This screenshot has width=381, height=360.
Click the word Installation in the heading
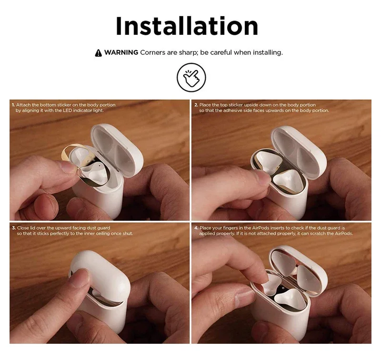pyautogui.click(x=187, y=26)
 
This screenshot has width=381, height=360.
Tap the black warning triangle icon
pyautogui.click(x=99, y=53)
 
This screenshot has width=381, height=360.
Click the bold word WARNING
pyautogui.click(x=121, y=52)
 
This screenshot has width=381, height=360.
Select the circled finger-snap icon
pyautogui.click(x=191, y=77)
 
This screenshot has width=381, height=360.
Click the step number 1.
pyautogui.click(x=13, y=105)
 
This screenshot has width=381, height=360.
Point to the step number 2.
pyautogui.click(x=196, y=105)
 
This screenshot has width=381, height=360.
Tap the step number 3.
pyautogui.click(x=14, y=228)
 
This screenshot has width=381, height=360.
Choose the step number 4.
pyautogui.click(x=196, y=228)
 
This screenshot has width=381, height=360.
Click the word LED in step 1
pyautogui.click(x=67, y=111)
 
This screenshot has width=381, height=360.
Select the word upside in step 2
pyautogui.click(x=251, y=105)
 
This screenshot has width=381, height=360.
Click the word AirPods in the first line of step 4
pyautogui.click(x=261, y=228)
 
